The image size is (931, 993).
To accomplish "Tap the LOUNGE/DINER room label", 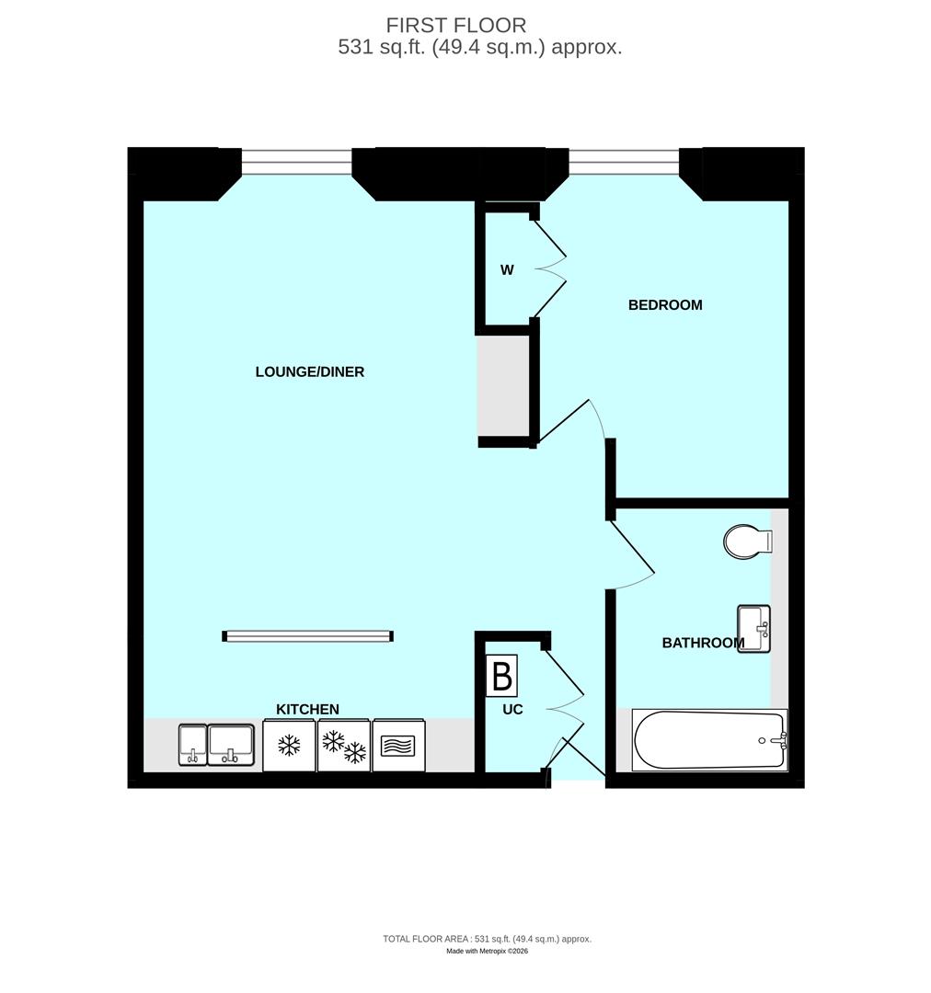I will tap(310, 372).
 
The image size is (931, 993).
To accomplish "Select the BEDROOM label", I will tap(665, 305).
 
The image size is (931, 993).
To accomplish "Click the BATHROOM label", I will tap(703, 644).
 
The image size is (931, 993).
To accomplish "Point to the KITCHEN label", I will tap(308, 710).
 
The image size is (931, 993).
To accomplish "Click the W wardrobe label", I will tap(507, 270).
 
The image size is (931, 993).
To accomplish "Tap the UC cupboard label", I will tap(512, 710).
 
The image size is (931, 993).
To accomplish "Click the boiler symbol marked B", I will tap(502, 677).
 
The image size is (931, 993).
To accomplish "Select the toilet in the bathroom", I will tap(746, 542).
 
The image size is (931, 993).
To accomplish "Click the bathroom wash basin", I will tap(753, 629).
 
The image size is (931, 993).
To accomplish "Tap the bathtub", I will tap(709, 740).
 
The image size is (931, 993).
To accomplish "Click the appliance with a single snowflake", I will tap(290, 746).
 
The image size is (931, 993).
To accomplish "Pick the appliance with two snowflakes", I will tap(344, 746).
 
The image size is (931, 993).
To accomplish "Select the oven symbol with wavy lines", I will tap(399, 746).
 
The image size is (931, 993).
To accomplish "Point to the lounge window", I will tap(297, 162).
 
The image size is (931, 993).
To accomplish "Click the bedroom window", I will tap(624, 162).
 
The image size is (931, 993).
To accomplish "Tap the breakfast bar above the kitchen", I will tap(308, 635).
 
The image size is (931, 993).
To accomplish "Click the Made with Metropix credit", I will tap(487, 952).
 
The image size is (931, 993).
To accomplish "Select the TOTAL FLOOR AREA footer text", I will tap(487, 939).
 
